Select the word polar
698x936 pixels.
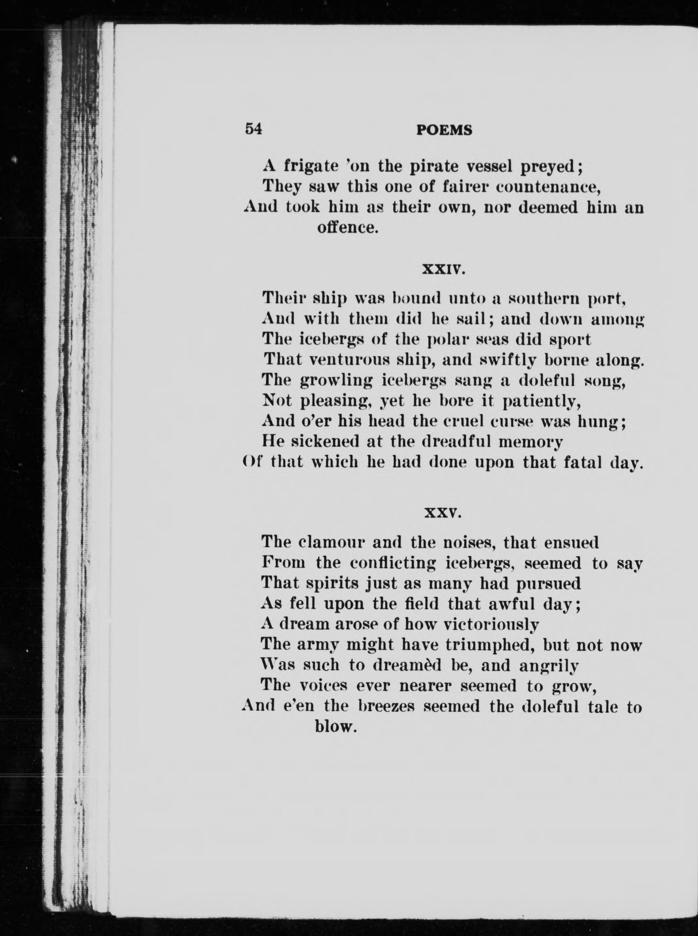(449, 340)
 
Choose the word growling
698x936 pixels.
(336, 381)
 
